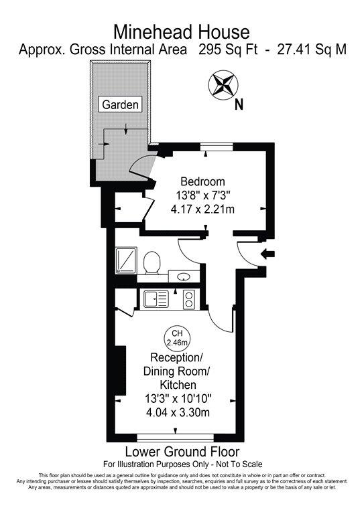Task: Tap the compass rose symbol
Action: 223,85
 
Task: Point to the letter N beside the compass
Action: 239,105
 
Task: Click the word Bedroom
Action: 203,181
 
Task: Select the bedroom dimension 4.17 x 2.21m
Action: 203,209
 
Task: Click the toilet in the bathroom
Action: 151,262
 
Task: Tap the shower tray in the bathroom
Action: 126,260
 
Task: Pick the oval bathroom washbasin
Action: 184,277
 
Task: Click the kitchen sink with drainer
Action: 156,299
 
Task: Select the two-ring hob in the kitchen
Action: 189,299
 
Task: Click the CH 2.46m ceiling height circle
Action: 177,338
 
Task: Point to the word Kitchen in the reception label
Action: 178,385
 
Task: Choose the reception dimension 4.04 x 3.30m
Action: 178,412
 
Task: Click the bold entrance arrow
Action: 267,254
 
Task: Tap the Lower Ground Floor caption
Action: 182,452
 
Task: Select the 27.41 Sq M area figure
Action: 312,50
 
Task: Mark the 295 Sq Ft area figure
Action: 228,50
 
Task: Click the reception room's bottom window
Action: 175,438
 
